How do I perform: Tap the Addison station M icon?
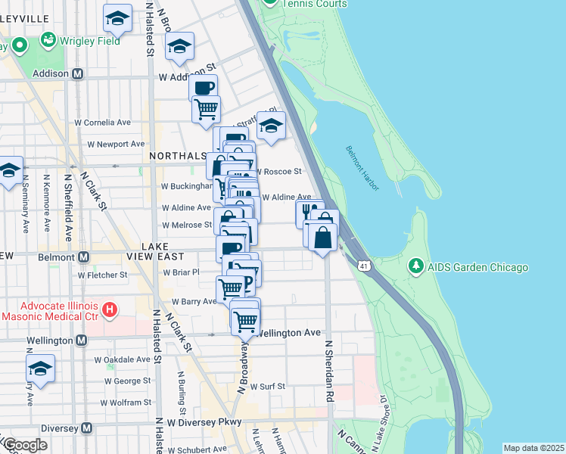(x=76, y=74)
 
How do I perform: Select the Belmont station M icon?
(x=82, y=257)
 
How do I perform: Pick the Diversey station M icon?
(x=86, y=428)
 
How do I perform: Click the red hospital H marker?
(x=110, y=309)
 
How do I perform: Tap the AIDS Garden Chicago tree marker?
(x=415, y=266)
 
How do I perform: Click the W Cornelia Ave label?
(x=102, y=122)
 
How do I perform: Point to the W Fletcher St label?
(x=101, y=275)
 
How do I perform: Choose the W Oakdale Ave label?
(x=121, y=359)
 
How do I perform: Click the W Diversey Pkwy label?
(x=204, y=422)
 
